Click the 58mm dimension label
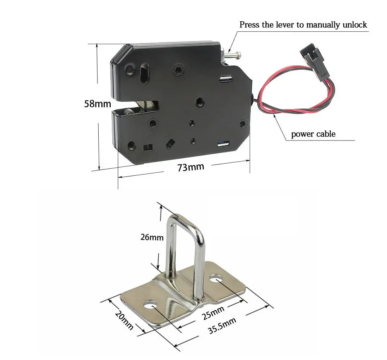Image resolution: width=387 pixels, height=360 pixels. click(98, 104)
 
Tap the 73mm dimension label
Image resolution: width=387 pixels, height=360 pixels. click(190, 167)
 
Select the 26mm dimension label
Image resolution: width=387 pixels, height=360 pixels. click(152, 237)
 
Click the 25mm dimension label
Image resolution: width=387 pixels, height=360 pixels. click(212, 312)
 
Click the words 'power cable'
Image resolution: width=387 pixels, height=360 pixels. click(313, 134)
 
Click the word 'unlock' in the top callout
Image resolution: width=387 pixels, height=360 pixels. click(354, 25)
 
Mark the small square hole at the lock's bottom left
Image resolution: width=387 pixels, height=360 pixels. click(146, 147)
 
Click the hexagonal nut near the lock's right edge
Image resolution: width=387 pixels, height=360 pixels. click(242, 124)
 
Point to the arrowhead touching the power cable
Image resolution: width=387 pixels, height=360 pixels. click(274, 116)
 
